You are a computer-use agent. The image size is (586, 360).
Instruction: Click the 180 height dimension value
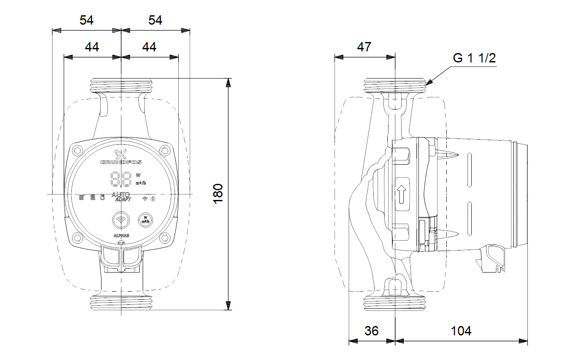pyautogui.click(x=218, y=194)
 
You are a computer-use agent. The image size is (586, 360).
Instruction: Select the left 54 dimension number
pyautogui.click(x=86, y=20)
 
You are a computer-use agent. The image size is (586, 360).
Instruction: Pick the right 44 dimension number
pyautogui.click(x=149, y=47)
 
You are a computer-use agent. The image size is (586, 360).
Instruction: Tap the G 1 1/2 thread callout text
pyautogui.click(x=474, y=58)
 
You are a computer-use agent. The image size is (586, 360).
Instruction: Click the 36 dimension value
pyautogui.click(x=372, y=331)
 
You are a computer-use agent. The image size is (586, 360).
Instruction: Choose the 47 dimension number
pyautogui.click(x=364, y=47)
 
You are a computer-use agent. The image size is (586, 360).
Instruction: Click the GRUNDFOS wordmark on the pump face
pyautogui.click(x=121, y=162)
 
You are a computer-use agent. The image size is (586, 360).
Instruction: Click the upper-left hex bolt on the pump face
pyautogui.click(x=78, y=150)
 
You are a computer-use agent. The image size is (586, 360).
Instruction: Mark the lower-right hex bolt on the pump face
pyautogui.click(x=165, y=238)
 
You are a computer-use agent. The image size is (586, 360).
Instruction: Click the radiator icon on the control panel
pyautogui.click(x=82, y=197)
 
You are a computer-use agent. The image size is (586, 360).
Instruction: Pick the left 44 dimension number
pyautogui.click(x=92, y=47)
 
